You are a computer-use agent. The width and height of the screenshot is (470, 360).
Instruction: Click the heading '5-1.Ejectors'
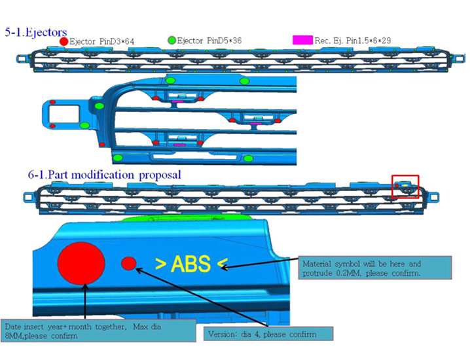coord(35,32)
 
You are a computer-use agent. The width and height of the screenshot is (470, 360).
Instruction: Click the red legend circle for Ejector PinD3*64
coord(63,41)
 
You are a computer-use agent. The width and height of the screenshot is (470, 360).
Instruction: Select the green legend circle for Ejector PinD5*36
coord(172,40)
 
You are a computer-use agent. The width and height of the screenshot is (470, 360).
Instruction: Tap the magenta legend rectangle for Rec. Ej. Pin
coord(302,40)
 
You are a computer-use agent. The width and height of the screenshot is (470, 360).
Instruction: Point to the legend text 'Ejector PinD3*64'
coord(101,41)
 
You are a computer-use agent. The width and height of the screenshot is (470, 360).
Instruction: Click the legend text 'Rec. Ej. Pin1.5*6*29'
coord(353,41)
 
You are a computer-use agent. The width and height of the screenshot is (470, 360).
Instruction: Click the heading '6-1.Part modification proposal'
coord(104,175)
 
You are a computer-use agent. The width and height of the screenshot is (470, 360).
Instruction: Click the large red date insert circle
coord(81,263)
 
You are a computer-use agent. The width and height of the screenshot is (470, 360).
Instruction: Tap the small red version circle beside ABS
coord(129,264)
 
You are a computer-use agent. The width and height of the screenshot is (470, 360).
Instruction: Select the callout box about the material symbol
coord(375,268)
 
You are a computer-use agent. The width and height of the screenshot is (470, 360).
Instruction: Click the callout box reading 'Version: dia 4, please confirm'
coord(268,334)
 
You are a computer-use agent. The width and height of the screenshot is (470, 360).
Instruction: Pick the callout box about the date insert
coord(98,331)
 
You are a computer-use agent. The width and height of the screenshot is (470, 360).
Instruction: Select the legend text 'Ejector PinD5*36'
coord(209,41)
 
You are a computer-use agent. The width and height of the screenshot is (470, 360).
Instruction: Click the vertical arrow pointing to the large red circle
coord(86,301)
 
